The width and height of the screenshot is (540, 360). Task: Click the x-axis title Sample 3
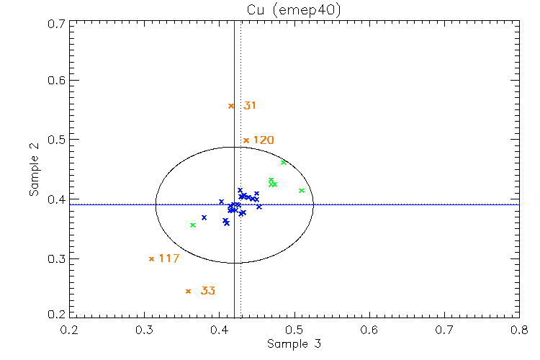[x=294, y=343]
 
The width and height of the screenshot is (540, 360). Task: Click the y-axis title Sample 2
[x=34, y=170]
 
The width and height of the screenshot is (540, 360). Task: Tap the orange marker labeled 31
[x=231, y=106]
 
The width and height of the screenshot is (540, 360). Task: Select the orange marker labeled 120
[x=246, y=140]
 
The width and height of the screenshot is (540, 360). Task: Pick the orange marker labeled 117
[x=151, y=258]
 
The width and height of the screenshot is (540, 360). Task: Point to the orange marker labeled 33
[x=188, y=291]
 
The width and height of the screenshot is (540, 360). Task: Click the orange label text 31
[x=250, y=106]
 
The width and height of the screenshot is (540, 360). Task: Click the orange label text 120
[x=264, y=140]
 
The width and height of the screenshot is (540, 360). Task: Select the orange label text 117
[x=168, y=258]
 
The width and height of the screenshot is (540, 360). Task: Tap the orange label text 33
[x=207, y=291]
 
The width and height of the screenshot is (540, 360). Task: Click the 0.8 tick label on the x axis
[x=518, y=329]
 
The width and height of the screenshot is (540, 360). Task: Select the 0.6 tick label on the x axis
[x=369, y=329]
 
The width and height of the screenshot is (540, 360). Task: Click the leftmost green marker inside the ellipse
[x=193, y=225]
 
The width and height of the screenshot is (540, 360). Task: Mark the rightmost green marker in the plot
[x=302, y=190]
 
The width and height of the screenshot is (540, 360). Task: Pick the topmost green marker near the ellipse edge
[x=284, y=162]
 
